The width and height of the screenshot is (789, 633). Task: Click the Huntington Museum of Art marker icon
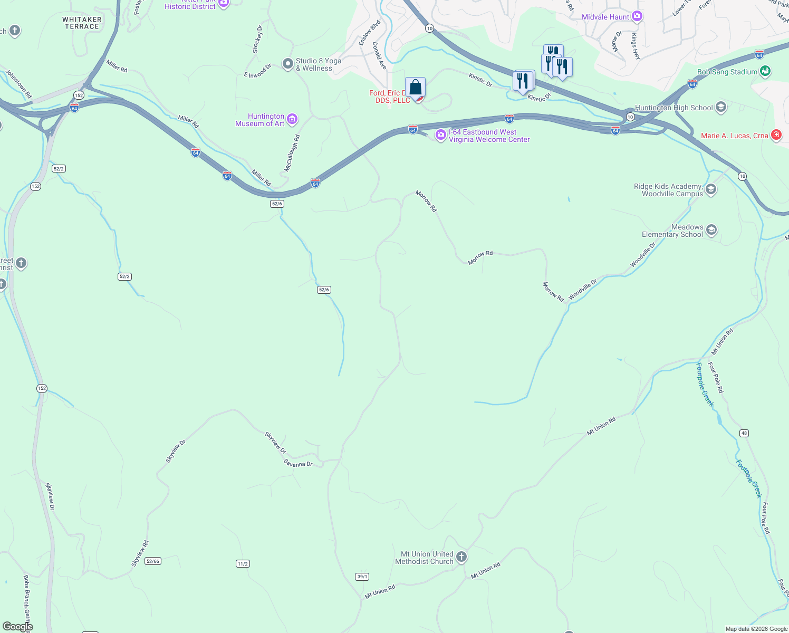tap(292, 120)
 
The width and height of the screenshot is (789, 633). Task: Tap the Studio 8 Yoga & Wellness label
tap(319, 64)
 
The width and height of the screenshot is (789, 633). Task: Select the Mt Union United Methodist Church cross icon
tap(461, 557)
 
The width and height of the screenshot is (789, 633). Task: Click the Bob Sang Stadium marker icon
tap(765, 71)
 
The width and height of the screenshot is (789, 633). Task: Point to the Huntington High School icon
tap(720, 108)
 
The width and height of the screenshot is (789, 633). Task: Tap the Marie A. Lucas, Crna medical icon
tap(776, 135)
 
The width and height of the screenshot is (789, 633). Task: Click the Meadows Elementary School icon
tap(711, 230)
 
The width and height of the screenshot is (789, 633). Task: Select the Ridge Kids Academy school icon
tap(710, 189)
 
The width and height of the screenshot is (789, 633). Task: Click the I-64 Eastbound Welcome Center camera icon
tap(440, 136)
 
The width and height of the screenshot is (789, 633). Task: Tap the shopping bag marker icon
tap(415, 88)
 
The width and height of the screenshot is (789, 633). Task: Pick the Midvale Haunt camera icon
tap(637, 16)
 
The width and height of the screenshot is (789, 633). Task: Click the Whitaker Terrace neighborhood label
tap(82, 23)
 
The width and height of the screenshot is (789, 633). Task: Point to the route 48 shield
tap(744, 433)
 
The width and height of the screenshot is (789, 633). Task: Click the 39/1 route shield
tap(362, 577)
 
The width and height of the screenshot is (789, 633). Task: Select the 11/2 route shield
tap(243, 564)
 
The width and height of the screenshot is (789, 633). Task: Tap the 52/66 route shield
tap(153, 561)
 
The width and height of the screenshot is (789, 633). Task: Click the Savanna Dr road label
tap(298, 464)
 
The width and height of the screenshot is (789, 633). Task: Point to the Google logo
tap(17, 627)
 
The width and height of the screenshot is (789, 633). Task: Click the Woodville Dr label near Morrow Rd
tap(583, 290)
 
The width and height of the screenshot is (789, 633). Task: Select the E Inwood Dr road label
tap(257, 71)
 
